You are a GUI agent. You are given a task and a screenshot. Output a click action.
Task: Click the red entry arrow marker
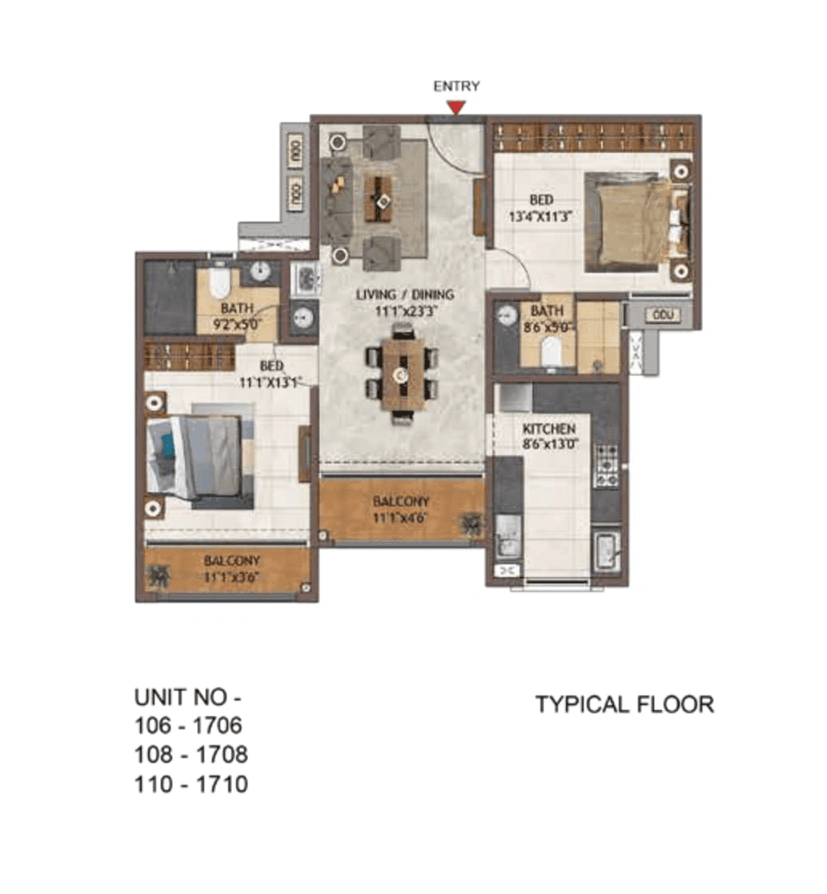pos(456,107)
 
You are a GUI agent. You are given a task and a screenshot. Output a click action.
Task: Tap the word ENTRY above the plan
pos(456,86)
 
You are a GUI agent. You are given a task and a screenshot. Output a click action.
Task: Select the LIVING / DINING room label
pos(405,295)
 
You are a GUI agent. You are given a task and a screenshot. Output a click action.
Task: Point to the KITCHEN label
pos(549,429)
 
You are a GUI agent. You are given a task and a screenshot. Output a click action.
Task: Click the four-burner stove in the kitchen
pos(605,466)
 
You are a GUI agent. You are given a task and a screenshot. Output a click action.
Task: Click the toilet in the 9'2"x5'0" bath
pos(219,284)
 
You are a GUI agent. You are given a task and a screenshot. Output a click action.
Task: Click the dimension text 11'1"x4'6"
pos(399,517)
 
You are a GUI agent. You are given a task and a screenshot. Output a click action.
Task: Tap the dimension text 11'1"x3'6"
pos(231,576)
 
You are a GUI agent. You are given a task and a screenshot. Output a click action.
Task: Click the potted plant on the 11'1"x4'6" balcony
pos(469,524)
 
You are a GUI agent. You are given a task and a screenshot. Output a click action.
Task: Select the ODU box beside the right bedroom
pos(661,315)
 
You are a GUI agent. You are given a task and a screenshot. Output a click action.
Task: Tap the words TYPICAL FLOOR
pos(624,704)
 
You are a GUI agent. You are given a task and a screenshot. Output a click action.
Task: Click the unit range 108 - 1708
pos(191,755)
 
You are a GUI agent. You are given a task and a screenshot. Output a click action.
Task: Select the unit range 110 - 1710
pos(191,784)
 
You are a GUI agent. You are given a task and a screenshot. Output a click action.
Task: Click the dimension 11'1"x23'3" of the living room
pos(405,310)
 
